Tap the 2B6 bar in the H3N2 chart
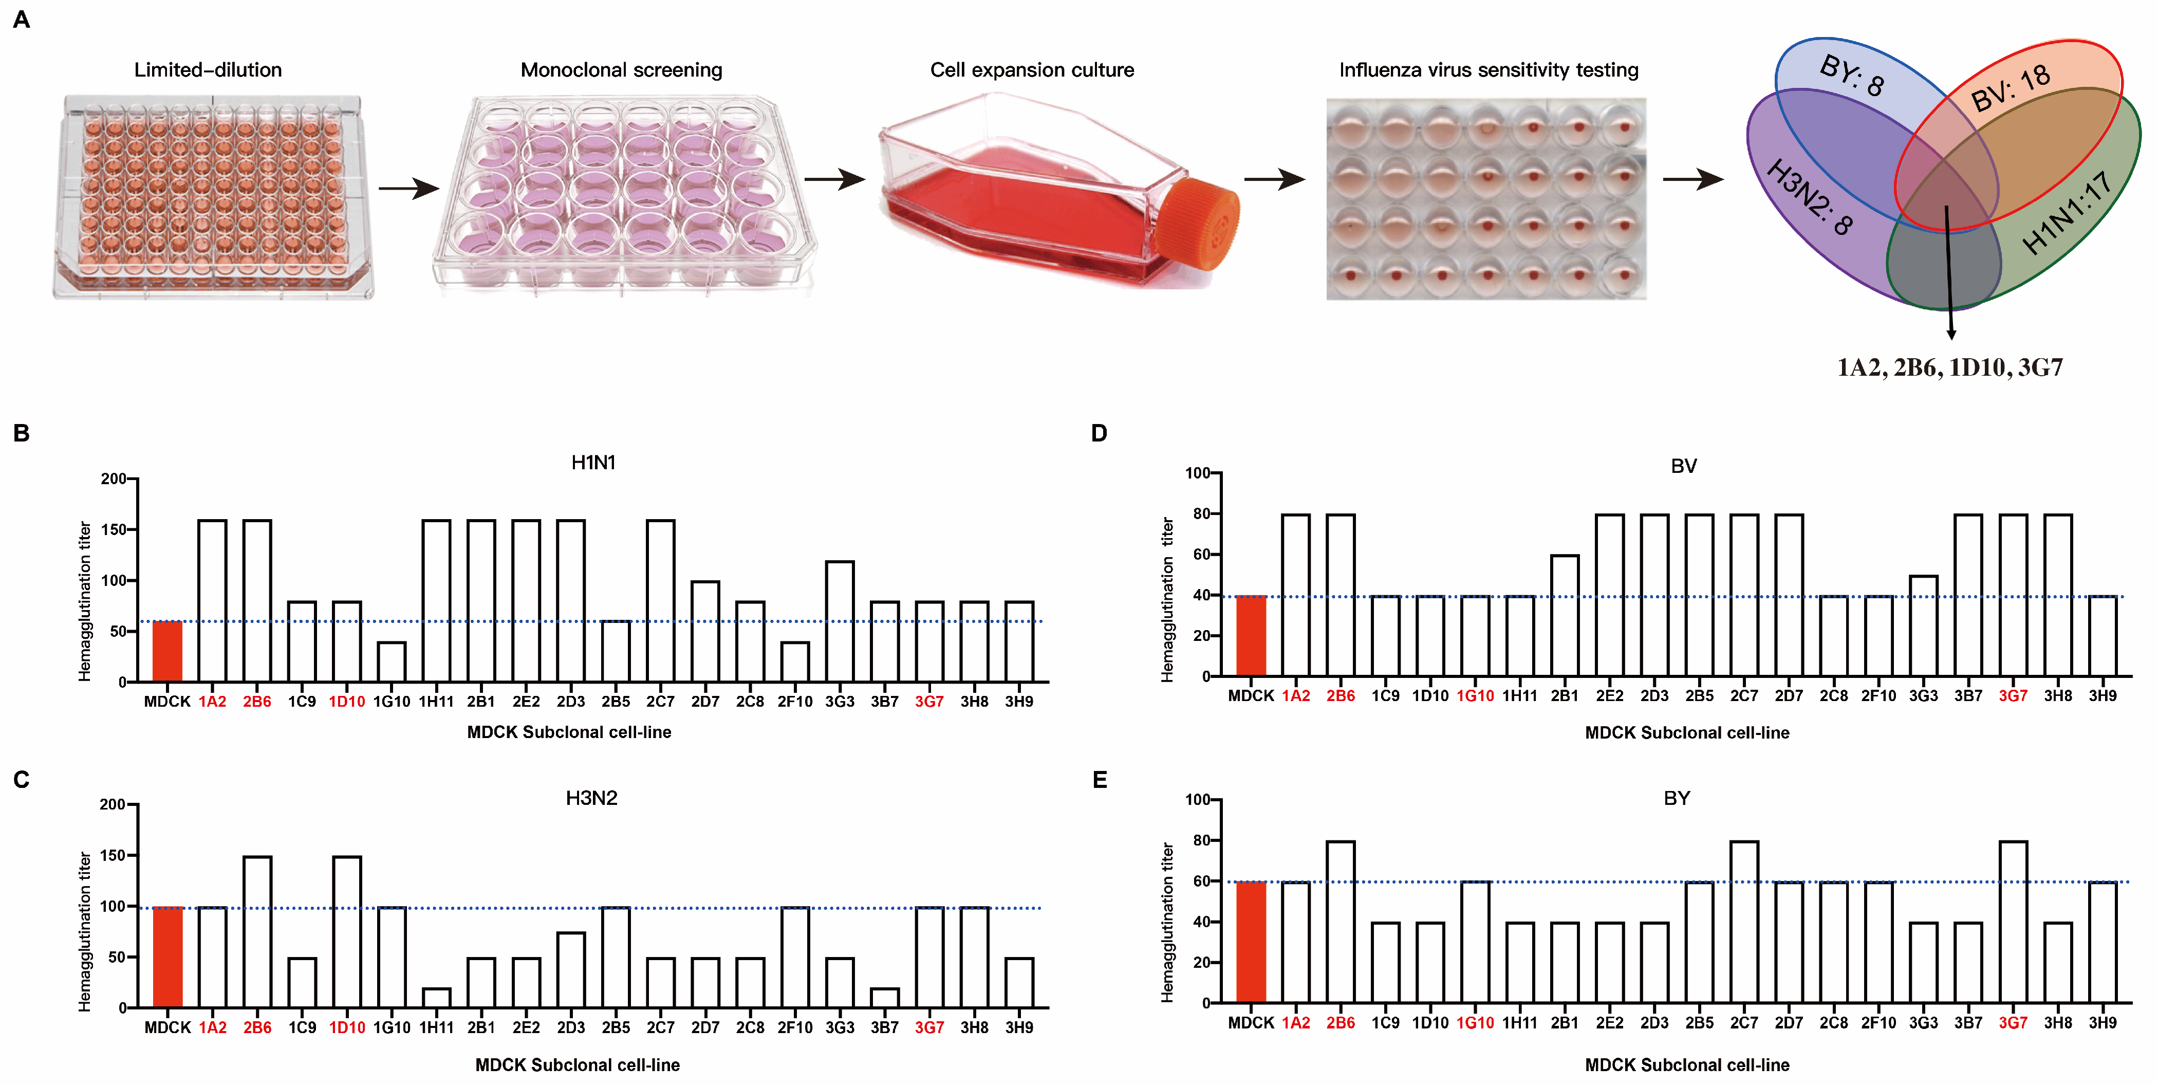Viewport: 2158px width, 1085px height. (x=257, y=932)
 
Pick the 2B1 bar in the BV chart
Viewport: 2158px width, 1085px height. (x=1564, y=615)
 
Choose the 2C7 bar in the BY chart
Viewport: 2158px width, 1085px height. (x=1744, y=922)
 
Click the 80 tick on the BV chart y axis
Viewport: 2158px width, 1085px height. (x=1201, y=513)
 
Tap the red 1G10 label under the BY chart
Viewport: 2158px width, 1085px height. (x=1475, y=1023)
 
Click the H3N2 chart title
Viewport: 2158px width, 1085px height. (x=591, y=798)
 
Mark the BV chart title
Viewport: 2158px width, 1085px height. (x=1683, y=466)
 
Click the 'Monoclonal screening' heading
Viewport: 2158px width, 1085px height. (x=621, y=69)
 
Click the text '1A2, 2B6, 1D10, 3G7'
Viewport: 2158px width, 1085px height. (x=1949, y=367)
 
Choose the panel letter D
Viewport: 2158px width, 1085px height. (x=1099, y=433)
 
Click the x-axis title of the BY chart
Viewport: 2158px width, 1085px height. (x=1686, y=1065)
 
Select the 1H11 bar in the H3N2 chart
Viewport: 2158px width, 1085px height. (x=436, y=998)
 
